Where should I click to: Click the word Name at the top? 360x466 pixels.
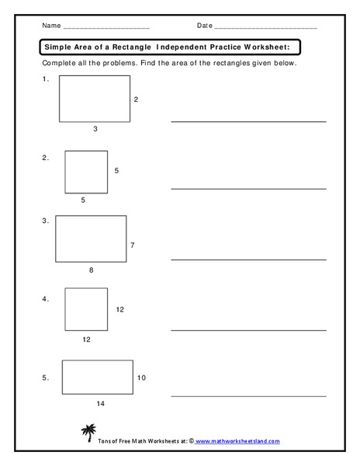click(52, 26)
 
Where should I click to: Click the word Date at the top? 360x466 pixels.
click(204, 26)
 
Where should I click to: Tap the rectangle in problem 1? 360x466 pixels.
click(95, 98)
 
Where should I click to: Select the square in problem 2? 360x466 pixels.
click(86, 171)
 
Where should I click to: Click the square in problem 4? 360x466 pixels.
click(86, 308)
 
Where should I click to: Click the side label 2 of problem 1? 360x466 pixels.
click(136, 99)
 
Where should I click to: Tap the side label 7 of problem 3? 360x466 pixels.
click(133, 245)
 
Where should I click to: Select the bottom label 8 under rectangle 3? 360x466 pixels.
click(91, 270)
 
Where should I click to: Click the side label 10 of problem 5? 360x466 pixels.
click(141, 378)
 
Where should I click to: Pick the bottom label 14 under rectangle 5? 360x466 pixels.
click(100, 405)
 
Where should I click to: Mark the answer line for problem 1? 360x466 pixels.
click(248, 121)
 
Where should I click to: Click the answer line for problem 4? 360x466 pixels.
click(248, 329)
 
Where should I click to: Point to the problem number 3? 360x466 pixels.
click(45, 221)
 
